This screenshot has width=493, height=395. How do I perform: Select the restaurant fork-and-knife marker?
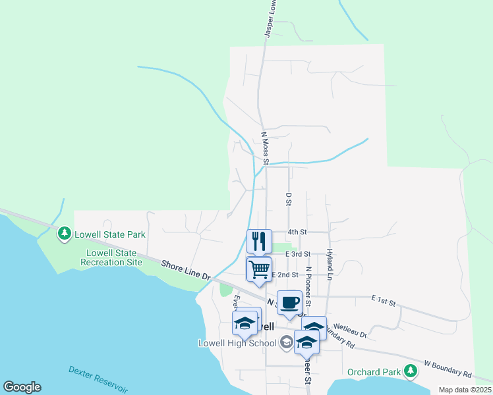pyautogui.click(x=259, y=241)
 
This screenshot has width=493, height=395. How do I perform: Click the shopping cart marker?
pyautogui.click(x=259, y=269)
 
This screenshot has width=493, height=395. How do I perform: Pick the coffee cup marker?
pyautogui.click(x=289, y=303)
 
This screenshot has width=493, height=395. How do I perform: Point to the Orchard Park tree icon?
pyautogui.click(x=410, y=371)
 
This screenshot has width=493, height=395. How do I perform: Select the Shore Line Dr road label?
pyautogui.click(x=185, y=271)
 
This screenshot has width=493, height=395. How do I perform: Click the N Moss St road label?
pyautogui.click(x=265, y=148)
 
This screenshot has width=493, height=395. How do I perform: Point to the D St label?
pyautogui.click(x=288, y=198)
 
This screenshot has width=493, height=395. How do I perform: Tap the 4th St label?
pyautogui.click(x=297, y=232)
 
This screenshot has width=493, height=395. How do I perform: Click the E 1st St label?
pyautogui.click(x=383, y=301)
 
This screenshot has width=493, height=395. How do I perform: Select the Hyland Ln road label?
pyautogui.click(x=328, y=264)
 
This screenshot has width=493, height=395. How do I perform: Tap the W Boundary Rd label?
pyautogui.click(x=448, y=369)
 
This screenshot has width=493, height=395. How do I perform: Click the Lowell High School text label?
pyautogui.click(x=237, y=343)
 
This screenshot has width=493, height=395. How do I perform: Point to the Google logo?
pyautogui.click(x=22, y=387)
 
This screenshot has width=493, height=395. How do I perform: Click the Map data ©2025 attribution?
pyautogui.click(x=464, y=390)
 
